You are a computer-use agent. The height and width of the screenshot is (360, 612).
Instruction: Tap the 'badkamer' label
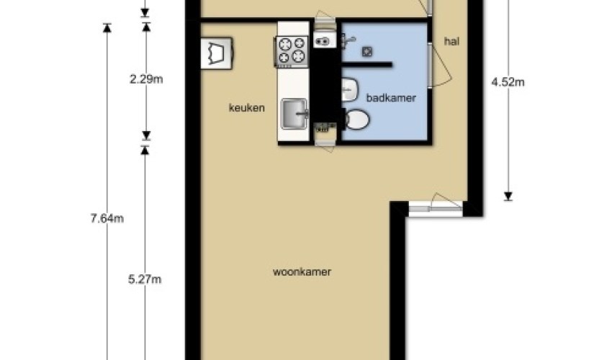[x=391, y=99]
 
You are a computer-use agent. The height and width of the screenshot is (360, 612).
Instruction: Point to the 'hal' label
[x=452, y=42]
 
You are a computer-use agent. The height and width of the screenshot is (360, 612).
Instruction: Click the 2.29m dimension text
[x=146, y=80]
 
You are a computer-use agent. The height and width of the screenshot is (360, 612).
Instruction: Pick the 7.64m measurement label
[x=107, y=220]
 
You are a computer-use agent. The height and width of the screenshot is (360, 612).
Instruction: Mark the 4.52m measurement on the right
[x=508, y=81]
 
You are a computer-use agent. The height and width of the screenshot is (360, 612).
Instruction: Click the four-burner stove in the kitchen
[x=292, y=50]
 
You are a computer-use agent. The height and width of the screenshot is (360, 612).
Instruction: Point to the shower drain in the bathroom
[x=368, y=51]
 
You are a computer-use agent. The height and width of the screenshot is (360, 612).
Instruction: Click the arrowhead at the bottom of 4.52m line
[x=508, y=195]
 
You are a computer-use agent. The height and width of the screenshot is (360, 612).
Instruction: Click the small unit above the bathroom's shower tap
[x=323, y=40]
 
